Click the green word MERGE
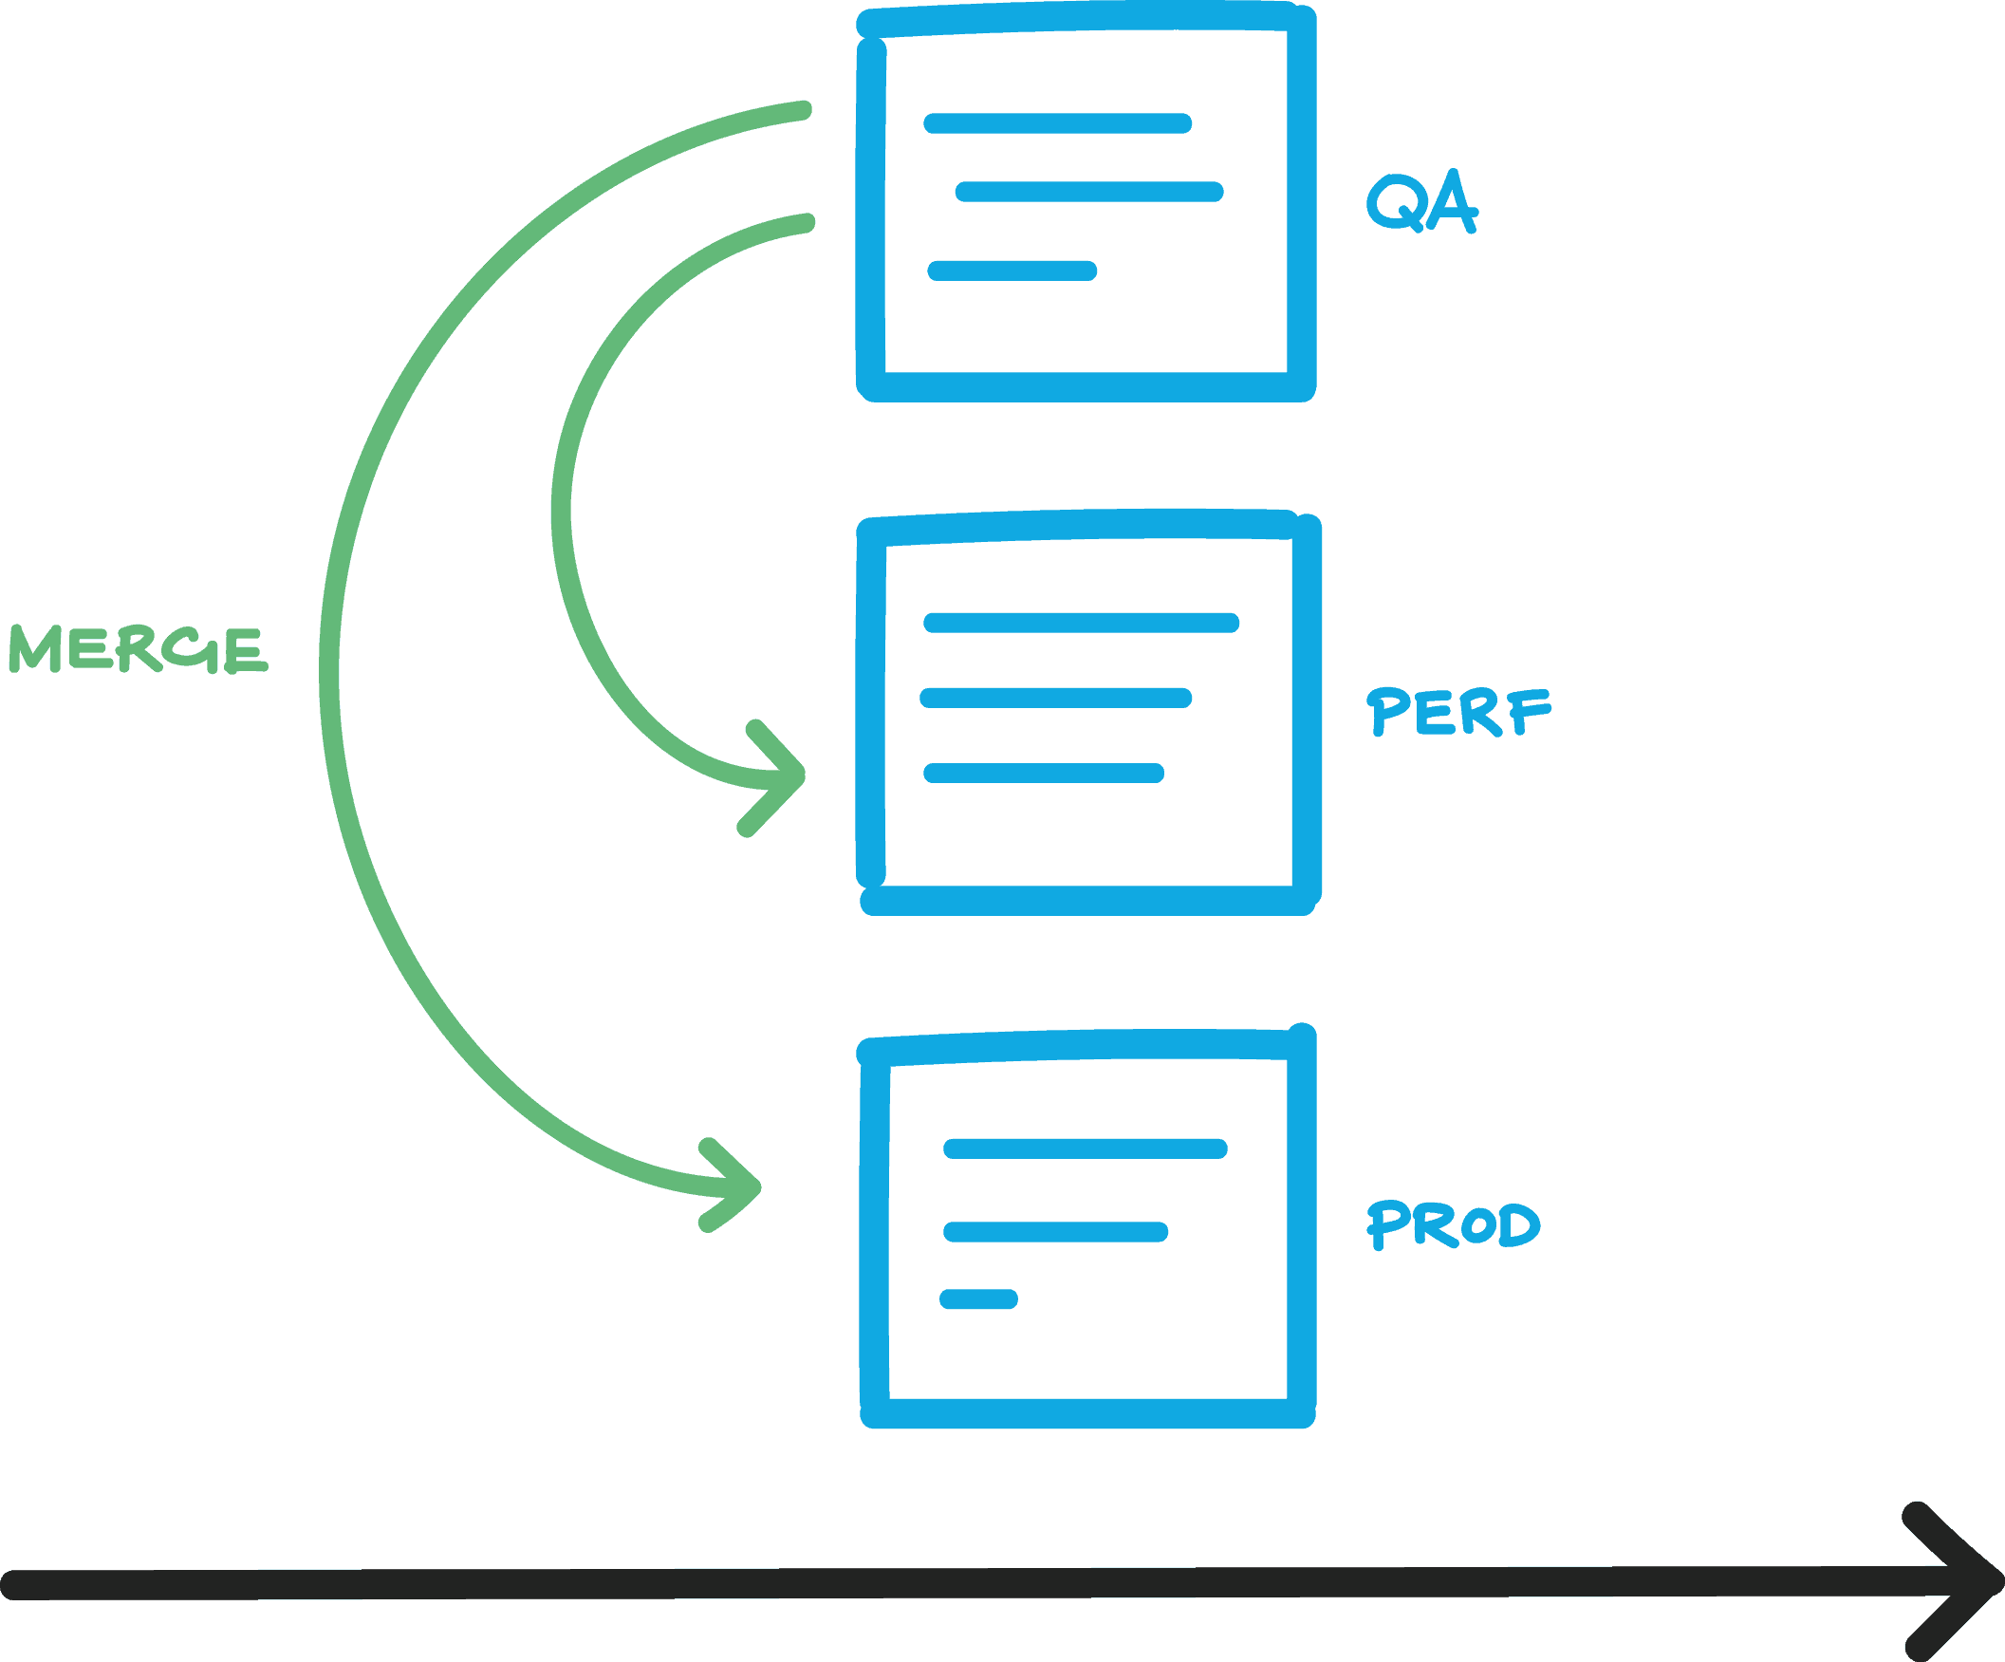pyautogui.click(x=139, y=649)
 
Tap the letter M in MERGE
pyautogui.click(x=35, y=649)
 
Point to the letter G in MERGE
pyautogui.click(x=191, y=649)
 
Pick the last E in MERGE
pyautogui.click(x=246, y=651)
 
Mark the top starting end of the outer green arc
pyautogui.click(x=804, y=110)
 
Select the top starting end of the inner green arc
pyautogui.click(x=807, y=222)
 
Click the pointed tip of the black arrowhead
pyautogui.click(x=1996, y=1583)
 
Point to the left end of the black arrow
pyautogui.click(x=11, y=1585)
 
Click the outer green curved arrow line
pyautogui.click(x=329, y=668)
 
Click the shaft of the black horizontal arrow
pyautogui.click(x=955, y=1584)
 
